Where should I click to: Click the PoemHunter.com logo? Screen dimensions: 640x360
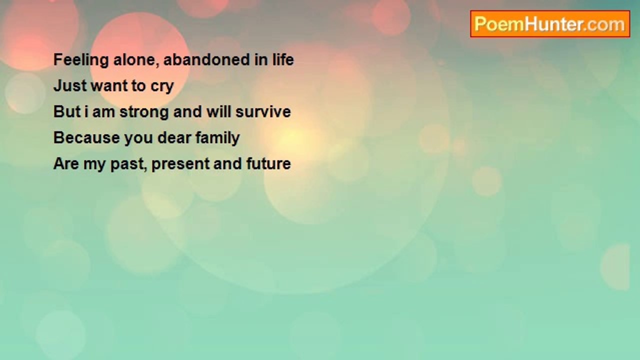click(550, 24)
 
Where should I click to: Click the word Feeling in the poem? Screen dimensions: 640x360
click(81, 60)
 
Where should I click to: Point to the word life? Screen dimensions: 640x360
click(283, 59)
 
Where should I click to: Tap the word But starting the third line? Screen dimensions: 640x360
click(67, 111)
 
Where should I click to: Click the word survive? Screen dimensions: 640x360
click(263, 111)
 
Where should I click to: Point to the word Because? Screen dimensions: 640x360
click(86, 137)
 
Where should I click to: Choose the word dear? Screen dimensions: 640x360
click(174, 137)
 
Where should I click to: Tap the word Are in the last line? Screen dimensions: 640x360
click(66, 163)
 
